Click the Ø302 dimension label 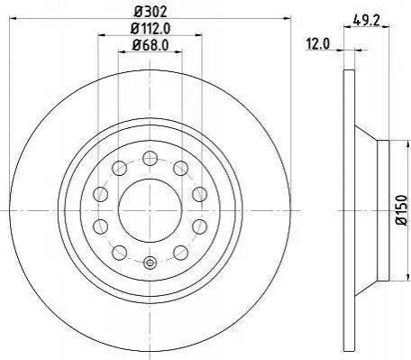click(x=151, y=12)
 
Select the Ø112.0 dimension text click(x=151, y=29)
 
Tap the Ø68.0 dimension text click(x=151, y=45)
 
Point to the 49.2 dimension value click(x=367, y=21)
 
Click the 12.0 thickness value click(x=318, y=44)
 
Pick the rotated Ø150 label click(x=402, y=210)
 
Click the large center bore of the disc click(x=151, y=210)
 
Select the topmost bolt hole click(x=151, y=158)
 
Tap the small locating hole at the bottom click(x=151, y=263)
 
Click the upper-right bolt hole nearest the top click(x=181, y=168)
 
